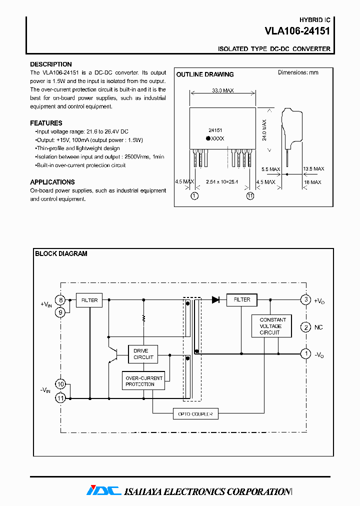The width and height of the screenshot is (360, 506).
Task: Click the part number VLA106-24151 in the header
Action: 297,31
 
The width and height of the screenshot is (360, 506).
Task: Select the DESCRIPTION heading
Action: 50,64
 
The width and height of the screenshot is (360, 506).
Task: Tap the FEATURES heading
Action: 46,123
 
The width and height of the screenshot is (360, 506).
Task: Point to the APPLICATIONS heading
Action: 52,182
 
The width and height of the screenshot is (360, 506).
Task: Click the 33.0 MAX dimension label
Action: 223,91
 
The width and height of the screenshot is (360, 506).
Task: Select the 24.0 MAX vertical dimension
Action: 265,129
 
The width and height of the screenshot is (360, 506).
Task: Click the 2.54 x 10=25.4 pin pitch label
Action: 223,182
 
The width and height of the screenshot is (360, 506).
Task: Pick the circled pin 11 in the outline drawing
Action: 250,196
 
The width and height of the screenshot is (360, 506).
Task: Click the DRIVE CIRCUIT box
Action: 143,354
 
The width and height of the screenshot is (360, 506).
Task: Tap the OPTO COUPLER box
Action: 195,414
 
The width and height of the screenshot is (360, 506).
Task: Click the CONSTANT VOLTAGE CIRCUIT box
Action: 272,326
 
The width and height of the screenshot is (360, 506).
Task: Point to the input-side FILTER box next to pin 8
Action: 89,300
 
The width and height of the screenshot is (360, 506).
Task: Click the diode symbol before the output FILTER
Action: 215,300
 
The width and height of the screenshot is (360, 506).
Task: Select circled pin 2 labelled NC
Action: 305,327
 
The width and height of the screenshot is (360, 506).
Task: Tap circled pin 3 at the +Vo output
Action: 305,300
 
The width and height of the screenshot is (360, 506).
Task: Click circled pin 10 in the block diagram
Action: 60,384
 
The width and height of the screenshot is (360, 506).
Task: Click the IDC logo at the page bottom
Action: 103,491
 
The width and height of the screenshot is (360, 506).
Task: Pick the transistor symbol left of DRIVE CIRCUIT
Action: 113,355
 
